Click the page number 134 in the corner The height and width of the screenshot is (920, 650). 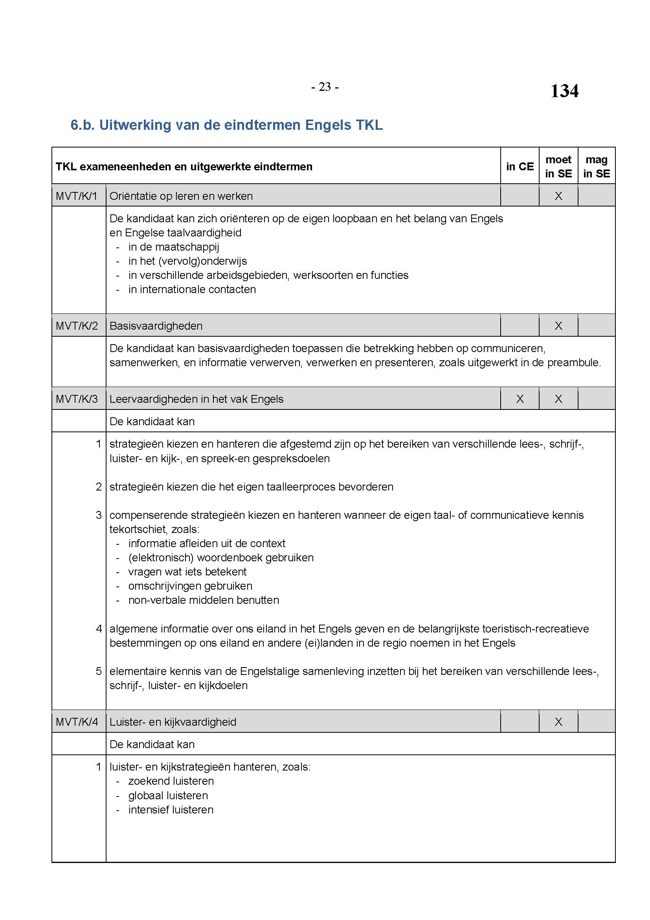click(564, 91)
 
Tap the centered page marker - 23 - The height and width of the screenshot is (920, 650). click(325, 87)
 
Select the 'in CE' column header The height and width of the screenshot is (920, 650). click(520, 166)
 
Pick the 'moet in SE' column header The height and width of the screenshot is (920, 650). click(558, 166)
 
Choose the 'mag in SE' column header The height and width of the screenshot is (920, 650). click(597, 166)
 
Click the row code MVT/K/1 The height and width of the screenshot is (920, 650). click(77, 196)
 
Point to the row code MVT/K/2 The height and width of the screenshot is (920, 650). click(77, 326)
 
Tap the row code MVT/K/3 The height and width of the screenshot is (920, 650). click(77, 399)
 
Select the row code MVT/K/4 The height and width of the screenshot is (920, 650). click(77, 722)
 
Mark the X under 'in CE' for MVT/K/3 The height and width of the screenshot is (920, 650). click(520, 399)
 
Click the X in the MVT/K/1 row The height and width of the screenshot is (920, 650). click(558, 196)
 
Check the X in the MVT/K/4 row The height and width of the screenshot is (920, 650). click(558, 722)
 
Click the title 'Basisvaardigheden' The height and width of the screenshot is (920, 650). click(156, 326)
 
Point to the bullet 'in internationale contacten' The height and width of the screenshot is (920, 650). click(192, 289)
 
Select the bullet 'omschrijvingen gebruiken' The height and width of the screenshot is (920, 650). click(190, 586)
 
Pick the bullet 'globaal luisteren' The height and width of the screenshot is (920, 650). click(168, 795)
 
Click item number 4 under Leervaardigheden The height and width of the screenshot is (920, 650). click(99, 629)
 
